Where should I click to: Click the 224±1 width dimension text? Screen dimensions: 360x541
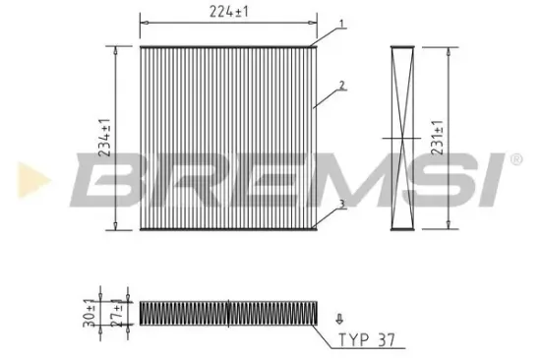(x=228, y=12)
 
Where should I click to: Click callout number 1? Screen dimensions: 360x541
(x=341, y=23)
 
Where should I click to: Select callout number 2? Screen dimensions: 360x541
(x=341, y=86)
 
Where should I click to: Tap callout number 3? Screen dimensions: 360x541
(x=341, y=204)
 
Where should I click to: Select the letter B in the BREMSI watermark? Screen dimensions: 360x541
(x=106, y=181)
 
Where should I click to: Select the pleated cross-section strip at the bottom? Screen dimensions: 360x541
(x=228, y=312)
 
